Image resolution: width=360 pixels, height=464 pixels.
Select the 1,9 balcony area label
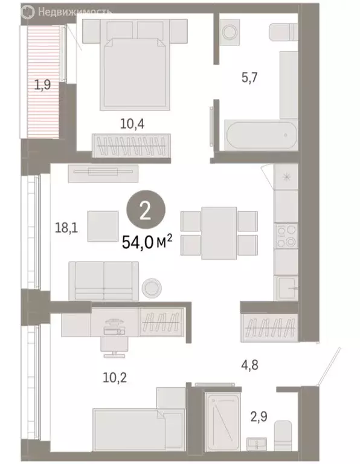(x=42, y=85)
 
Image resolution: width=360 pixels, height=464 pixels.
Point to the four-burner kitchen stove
(x=285, y=236)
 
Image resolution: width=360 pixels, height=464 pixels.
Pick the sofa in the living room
(x=104, y=280)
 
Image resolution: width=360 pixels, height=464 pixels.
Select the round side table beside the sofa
(x=152, y=287)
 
